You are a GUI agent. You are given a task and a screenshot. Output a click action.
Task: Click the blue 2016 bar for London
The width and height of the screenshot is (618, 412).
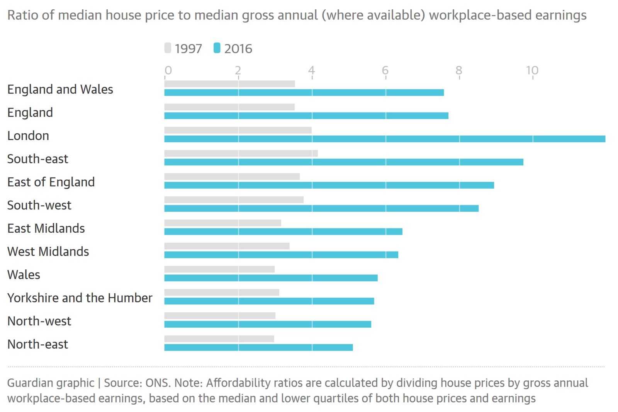pyautogui.click(x=385, y=139)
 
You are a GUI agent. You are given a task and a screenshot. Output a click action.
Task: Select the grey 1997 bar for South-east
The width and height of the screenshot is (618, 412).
pyautogui.click(x=241, y=153)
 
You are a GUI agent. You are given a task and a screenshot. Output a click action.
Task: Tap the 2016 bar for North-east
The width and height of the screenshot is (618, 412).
pyautogui.click(x=258, y=347)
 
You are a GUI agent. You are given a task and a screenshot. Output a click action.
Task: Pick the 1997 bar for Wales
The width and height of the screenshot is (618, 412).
pyautogui.click(x=219, y=269)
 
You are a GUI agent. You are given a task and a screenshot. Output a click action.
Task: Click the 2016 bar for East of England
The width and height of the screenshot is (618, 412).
pyautogui.click(x=329, y=186)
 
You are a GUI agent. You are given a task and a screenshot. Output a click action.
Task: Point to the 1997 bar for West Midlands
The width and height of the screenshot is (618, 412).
pyautogui.click(x=227, y=246)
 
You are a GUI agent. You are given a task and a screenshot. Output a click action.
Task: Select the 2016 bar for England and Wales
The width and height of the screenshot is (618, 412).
pyautogui.click(x=304, y=93)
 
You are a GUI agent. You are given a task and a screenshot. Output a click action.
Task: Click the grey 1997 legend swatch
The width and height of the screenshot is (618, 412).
pyautogui.click(x=168, y=48)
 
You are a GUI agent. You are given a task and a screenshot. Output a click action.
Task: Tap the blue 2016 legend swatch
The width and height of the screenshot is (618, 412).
pyautogui.click(x=217, y=48)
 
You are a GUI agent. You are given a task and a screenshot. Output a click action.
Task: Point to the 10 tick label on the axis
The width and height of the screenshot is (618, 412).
pyautogui.click(x=532, y=70)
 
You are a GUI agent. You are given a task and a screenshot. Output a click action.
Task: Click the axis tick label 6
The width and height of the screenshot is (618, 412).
pyautogui.click(x=385, y=70)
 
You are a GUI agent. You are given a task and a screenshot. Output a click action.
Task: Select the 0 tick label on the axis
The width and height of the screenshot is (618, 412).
pyautogui.click(x=168, y=70)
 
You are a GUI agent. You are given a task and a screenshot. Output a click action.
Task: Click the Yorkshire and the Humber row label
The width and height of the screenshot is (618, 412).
pyautogui.click(x=80, y=298)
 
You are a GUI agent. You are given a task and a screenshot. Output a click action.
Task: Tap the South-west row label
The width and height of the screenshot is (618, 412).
pyautogui.click(x=39, y=205)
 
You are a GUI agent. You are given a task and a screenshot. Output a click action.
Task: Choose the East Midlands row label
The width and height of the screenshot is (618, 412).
pyautogui.click(x=46, y=228)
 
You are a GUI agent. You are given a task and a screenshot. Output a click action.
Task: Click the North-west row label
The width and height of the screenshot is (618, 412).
pyautogui.click(x=39, y=321)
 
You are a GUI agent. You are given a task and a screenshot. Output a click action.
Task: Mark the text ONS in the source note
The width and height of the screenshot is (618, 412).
pyautogui.click(x=158, y=383)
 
